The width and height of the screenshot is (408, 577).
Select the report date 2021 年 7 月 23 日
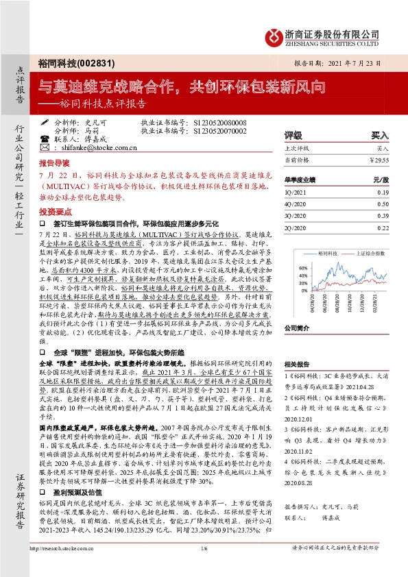pyautogui.click(x=357, y=62)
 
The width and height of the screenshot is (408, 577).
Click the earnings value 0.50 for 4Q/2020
pyautogui.click(x=383, y=204)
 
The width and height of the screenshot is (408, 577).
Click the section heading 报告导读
pyautogui.click(x=53, y=164)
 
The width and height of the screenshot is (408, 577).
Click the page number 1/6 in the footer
pyautogui.click(x=204, y=565)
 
